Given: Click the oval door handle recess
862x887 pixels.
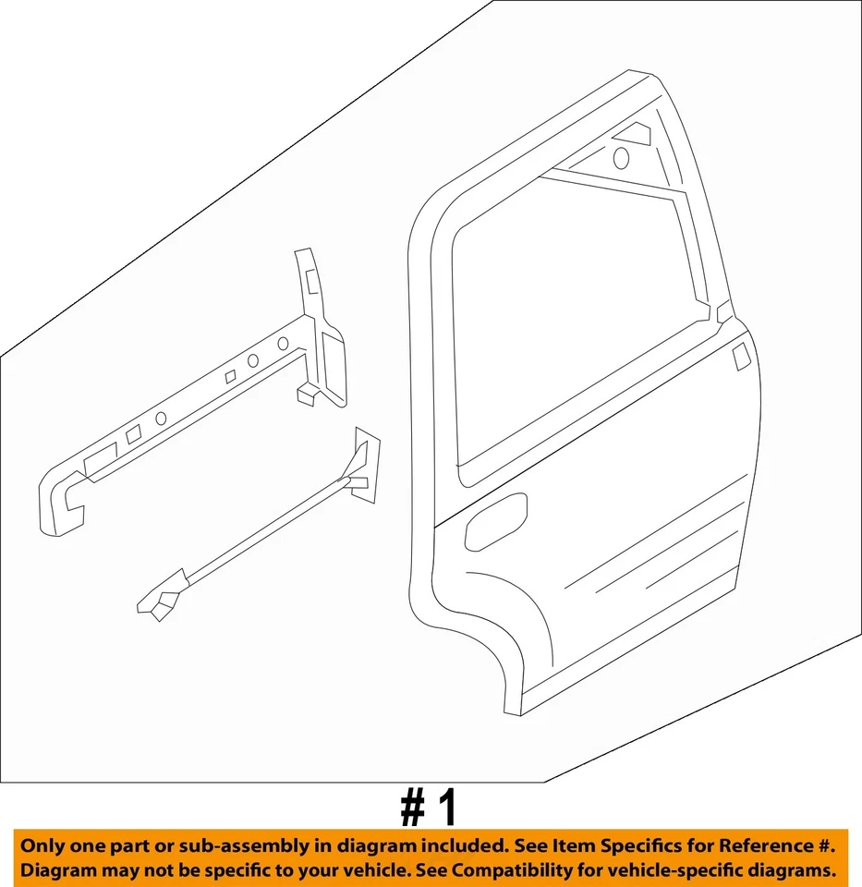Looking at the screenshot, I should click(x=495, y=521).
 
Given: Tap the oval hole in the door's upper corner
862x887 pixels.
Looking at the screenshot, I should click(x=621, y=158).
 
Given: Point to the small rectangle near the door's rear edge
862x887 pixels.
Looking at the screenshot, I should click(x=740, y=358).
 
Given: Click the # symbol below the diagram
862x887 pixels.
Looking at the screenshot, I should click(x=412, y=808).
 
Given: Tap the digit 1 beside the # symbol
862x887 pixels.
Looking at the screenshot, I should click(x=447, y=808).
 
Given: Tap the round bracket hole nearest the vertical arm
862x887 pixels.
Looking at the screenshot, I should click(x=283, y=344).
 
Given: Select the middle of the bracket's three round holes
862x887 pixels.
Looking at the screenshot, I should click(x=252, y=360).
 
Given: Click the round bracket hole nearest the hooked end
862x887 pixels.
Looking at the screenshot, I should click(x=161, y=418).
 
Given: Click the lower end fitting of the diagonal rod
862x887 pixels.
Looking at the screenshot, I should click(x=158, y=602).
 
